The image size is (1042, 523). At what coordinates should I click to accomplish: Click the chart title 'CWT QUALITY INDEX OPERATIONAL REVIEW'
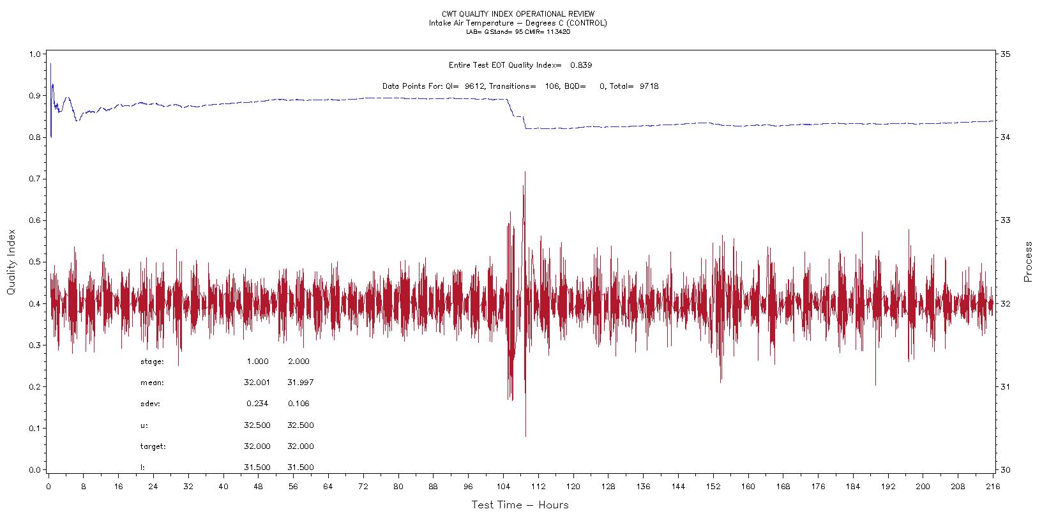518,14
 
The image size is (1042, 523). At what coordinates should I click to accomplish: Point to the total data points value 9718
649,86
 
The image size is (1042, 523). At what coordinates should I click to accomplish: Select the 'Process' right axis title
1028,262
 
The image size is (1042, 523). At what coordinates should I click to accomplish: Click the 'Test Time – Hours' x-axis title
520,505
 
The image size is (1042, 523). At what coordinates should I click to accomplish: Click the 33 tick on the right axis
1005,220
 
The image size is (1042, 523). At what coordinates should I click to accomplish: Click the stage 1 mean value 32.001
257,383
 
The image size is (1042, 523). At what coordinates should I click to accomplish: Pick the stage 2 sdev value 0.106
299,404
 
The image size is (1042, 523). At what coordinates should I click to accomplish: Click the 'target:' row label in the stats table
153,446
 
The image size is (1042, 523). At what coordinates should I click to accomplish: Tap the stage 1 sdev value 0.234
257,404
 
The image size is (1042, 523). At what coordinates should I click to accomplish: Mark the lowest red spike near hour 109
525,436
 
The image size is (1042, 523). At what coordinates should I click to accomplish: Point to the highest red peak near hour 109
525,172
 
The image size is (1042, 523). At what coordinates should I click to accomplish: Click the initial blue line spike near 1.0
50,64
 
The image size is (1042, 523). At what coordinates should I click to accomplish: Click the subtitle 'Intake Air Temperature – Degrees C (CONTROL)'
518,23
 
